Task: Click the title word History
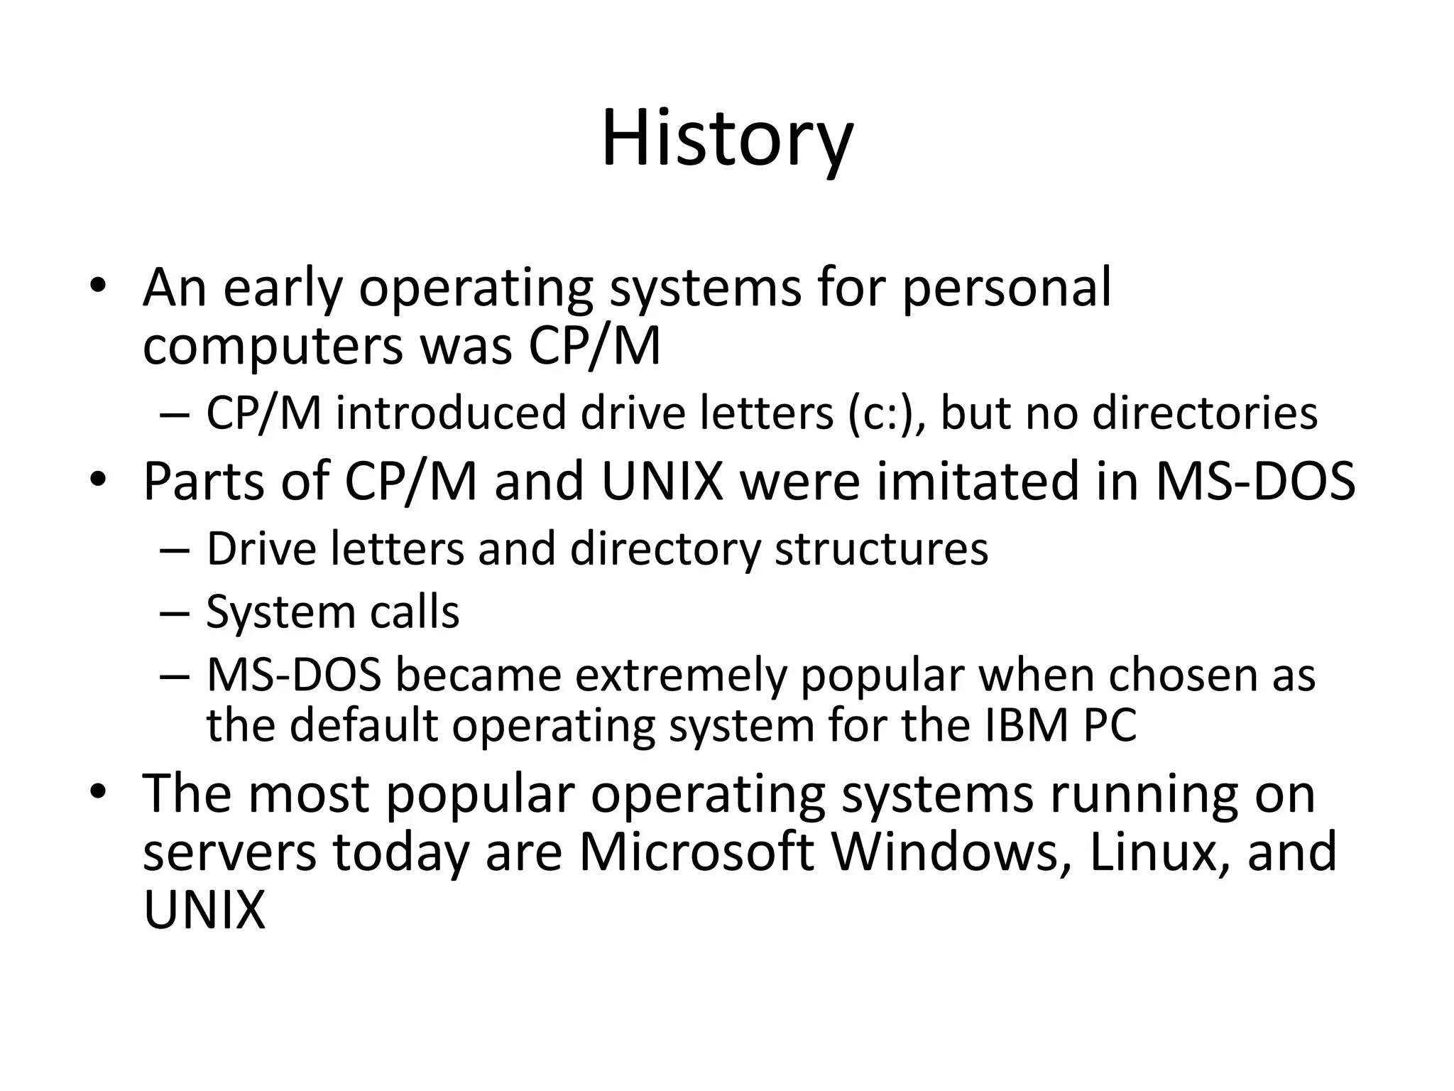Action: (x=727, y=139)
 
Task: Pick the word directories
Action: (x=1204, y=413)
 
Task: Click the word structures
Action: (x=881, y=549)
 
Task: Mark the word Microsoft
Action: (x=696, y=852)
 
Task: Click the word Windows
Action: (x=950, y=852)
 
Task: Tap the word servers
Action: (x=229, y=852)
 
